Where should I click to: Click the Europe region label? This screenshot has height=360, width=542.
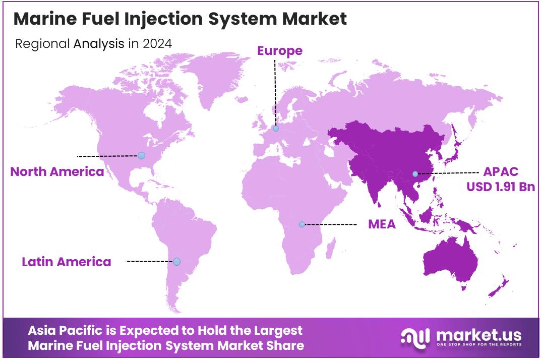[x=280, y=50]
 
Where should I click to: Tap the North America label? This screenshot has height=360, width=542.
[x=57, y=171]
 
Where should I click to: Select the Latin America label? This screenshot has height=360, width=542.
[x=66, y=262]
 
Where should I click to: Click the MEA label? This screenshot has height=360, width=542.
[x=382, y=224]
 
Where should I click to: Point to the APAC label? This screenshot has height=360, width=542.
[x=501, y=172]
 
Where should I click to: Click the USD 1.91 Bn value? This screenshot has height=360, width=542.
[x=500, y=187]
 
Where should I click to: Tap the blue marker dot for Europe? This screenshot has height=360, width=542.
[x=276, y=129]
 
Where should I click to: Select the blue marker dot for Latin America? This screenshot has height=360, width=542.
[x=176, y=261]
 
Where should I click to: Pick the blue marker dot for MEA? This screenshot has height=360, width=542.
[x=302, y=224]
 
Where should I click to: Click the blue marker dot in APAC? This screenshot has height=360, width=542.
[x=415, y=174]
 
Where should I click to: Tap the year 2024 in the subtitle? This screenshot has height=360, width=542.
[x=157, y=43]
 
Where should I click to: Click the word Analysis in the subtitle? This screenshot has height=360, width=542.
[x=99, y=43]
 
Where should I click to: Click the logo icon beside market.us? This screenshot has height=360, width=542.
[x=415, y=337]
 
